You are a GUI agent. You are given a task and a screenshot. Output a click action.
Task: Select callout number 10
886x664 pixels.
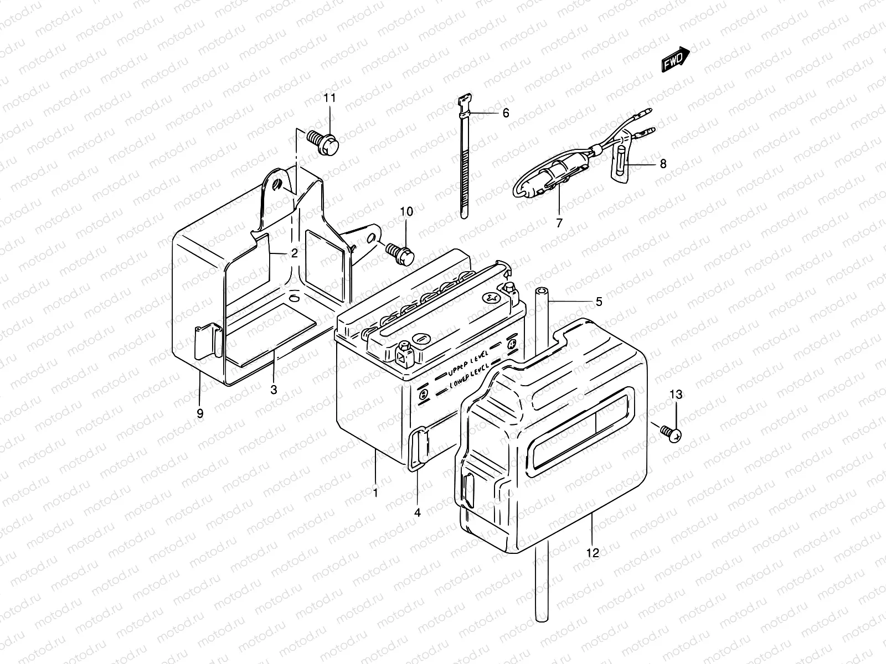tap(406, 211)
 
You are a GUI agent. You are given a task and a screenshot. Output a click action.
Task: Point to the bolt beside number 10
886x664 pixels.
tap(402, 252)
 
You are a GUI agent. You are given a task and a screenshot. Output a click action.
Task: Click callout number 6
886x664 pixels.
tap(505, 113)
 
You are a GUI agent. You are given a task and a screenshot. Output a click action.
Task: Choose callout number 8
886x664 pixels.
tap(663, 164)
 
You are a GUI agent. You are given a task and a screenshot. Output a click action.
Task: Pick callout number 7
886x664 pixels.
tap(559, 223)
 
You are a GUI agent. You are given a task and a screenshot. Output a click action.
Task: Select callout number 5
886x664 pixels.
tap(599, 302)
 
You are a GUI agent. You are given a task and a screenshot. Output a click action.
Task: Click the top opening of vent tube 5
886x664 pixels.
tap(541, 291)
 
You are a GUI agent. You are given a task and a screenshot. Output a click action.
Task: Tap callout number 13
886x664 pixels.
tap(677, 395)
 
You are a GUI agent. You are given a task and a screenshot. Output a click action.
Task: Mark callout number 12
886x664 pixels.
tap(593, 553)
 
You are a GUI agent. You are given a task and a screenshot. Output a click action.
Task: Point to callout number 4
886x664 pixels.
tap(417, 512)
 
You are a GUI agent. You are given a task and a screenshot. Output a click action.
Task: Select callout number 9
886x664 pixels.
tap(200, 413)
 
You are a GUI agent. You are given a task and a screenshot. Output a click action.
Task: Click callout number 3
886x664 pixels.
tap(274, 390)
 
